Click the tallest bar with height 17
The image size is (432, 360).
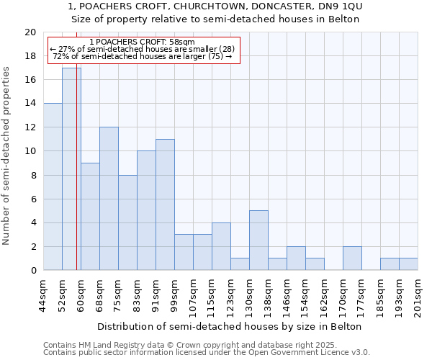click(x=71, y=169)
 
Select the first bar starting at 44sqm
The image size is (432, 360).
click(x=53, y=186)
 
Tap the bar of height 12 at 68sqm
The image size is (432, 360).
click(x=109, y=199)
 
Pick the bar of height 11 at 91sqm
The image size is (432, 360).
click(x=165, y=204)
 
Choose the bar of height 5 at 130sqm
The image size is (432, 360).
click(x=258, y=240)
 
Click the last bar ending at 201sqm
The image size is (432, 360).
click(x=408, y=264)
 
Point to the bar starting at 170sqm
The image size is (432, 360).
click(x=352, y=258)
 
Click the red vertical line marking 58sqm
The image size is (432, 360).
click(x=76, y=180)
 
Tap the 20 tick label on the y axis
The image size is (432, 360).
click(x=30, y=32)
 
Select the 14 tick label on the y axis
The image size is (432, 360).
click(x=30, y=104)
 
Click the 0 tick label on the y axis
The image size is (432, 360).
click(x=33, y=271)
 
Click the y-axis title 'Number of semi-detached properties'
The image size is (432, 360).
click(x=7, y=156)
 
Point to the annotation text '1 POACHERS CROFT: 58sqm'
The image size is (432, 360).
click(x=143, y=42)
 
